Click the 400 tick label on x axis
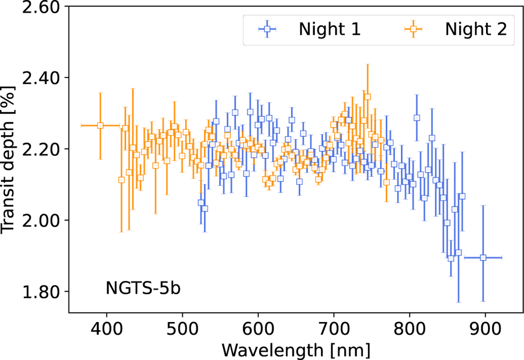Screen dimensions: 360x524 pos(107,328)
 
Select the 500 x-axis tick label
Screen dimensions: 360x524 pos(182,328)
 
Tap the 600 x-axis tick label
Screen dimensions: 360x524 pos(258,328)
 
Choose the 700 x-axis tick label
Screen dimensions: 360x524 pos(334,328)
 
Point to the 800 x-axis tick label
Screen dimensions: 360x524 pos(410,328)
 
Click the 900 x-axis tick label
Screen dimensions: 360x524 pos(485,328)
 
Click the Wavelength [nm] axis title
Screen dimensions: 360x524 pos(296,349)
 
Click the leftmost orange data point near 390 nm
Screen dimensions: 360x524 pos(100,125)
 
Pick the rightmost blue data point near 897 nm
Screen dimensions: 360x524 pos(483,258)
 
